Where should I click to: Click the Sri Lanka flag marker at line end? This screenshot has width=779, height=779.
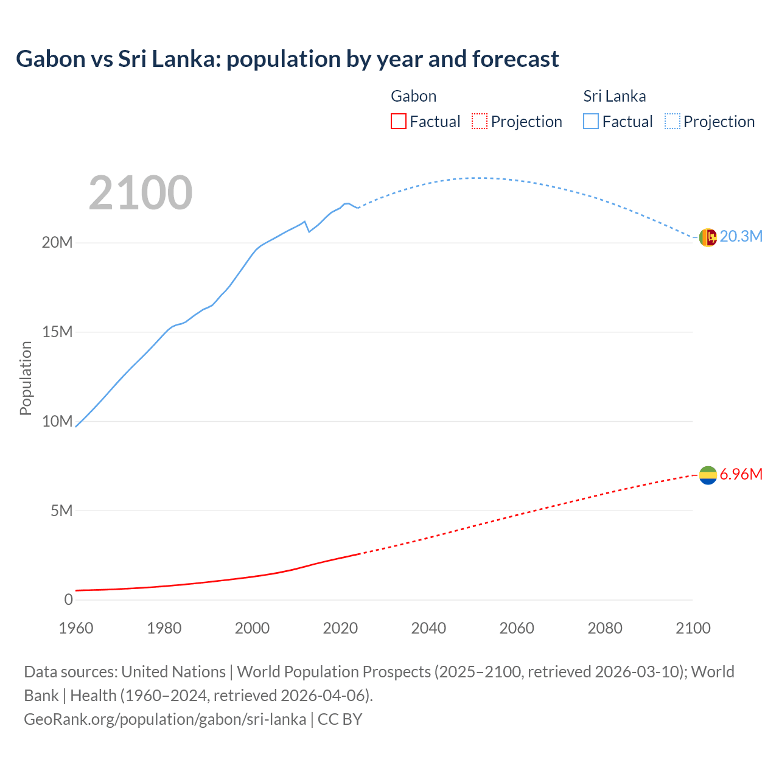pyautogui.click(x=708, y=237)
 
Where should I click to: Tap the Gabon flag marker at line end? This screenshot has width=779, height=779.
pyautogui.click(x=708, y=475)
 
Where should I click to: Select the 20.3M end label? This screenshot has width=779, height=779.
pyautogui.click(x=741, y=236)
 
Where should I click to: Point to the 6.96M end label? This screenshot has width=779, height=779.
pyautogui.click(x=741, y=474)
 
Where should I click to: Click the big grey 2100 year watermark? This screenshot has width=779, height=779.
pyautogui.click(x=141, y=193)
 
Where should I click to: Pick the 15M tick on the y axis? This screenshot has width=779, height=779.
pyautogui.click(x=57, y=332)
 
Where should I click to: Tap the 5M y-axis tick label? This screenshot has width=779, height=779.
pyautogui.click(x=61, y=511)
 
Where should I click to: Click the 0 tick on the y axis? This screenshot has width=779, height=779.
pyautogui.click(x=68, y=599)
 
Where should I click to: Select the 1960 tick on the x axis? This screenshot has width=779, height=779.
pyautogui.click(x=76, y=628)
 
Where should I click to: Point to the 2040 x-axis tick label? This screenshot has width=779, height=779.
pyautogui.click(x=428, y=628)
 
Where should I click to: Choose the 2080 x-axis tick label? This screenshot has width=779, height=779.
pyautogui.click(x=605, y=628)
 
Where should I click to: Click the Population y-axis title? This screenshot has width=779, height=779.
pyautogui.click(x=26, y=378)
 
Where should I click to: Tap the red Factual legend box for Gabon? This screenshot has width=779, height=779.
pyautogui.click(x=398, y=121)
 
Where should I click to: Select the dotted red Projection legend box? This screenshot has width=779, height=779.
pyautogui.click(x=480, y=121)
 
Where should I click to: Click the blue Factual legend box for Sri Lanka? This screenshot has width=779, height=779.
pyautogui.click(x=591, y=121)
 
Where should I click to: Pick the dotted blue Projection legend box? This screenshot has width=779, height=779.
pyautogui.click(x=672, y=121)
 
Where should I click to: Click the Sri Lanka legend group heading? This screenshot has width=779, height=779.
pyautogui.click(x=614, y=96)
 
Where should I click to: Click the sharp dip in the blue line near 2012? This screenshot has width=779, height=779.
pyautogui.click(x=309, y=231)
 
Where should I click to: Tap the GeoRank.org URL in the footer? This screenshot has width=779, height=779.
pyautogui.click(x=165, y=719)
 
